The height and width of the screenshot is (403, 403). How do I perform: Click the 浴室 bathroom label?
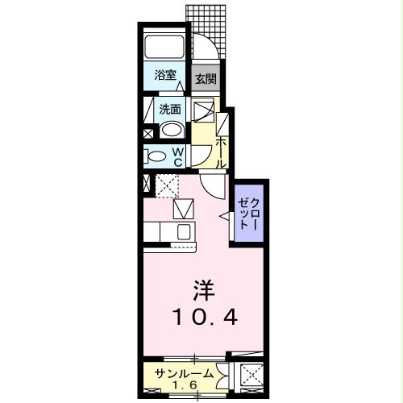pyautogui.click(x=165, y=77)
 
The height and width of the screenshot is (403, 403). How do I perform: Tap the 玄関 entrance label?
pyautogui.click(x=205, y=79)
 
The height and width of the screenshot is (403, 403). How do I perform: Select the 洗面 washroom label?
pyautogui.click(x=169, y=109)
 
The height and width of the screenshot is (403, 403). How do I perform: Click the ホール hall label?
pyautogui.click(x=220, y=152)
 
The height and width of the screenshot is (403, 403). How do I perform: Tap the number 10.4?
pyautogui.click(x=202, y=318)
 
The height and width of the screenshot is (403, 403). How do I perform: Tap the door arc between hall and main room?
pyautogui.click(x=214, y=186)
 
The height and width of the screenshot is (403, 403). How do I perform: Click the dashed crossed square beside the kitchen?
pyautogui.click(x=167, y=186)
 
